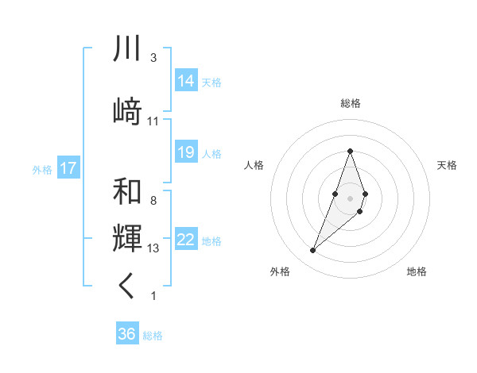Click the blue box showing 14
click(186, 81)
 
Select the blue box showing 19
click(186, 152)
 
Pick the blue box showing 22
click(186, 240)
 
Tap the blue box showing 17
click(68, 168)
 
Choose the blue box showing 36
click(127, 334)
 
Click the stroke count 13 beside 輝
click(153, 248)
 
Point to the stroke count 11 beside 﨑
click(153, 121)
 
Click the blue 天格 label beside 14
click(211, 82)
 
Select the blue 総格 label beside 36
click(153, 335)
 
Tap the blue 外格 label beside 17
click(41, 169)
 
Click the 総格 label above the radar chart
click(351, 103)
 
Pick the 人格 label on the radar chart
click(254, 165)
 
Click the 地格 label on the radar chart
click(417, 271)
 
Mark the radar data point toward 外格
click(313, 251)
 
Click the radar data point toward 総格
click(350, 151)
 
